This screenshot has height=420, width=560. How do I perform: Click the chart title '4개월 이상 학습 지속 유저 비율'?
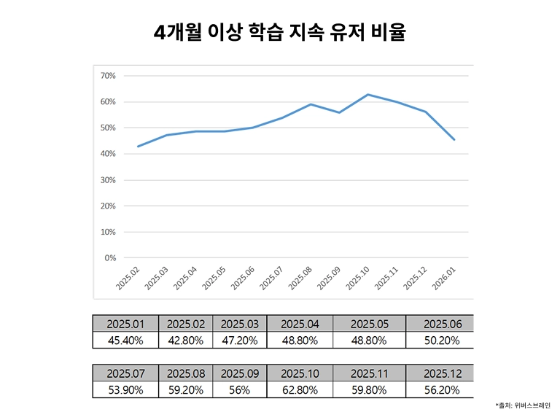279,33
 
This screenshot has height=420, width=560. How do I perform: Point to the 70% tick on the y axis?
108,76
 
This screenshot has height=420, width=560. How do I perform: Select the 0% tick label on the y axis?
110,258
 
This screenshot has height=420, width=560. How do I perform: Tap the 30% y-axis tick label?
108,180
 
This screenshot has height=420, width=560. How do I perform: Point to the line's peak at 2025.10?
367,95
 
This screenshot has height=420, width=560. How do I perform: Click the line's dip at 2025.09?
339,112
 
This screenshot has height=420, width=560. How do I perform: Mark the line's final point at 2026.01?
454,139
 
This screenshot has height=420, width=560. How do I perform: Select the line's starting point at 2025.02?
138,147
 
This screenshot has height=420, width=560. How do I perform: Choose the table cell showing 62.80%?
300,389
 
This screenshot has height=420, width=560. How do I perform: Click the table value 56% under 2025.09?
240,389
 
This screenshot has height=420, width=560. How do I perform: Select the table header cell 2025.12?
439,373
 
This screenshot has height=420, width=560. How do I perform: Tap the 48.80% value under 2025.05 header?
369,340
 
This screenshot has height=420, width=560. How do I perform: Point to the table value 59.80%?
369,389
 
